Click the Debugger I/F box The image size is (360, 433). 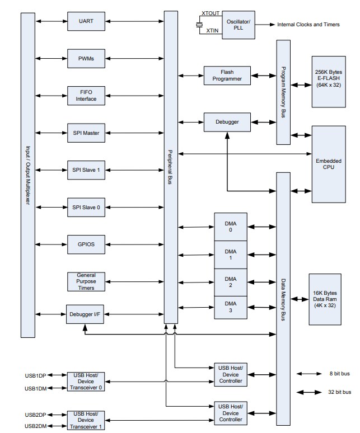coord(85,314)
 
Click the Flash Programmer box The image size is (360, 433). coord(227,76)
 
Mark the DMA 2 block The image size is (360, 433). coord(231,281)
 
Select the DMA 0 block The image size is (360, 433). coord(231,227)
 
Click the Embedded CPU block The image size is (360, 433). coord(329,164)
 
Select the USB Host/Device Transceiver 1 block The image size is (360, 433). coord(85,420)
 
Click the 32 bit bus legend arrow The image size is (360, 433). coord(308,392)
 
